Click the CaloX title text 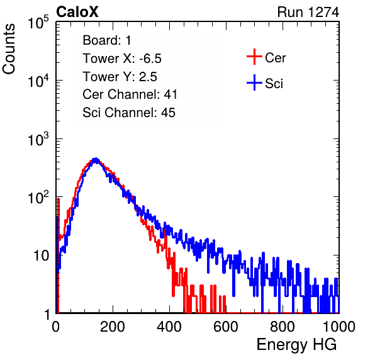point(77,12)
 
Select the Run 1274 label point(308,12)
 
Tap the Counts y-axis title point(9,49)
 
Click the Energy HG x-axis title point(296,344)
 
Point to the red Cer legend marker point(254,57)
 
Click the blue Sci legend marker point(254,83)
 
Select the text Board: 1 point(107,40)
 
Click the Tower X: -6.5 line point(122,59)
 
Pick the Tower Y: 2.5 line point(120,77)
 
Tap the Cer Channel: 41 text point(130,94)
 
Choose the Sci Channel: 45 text point(129,113)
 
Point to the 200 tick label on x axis point(113,327)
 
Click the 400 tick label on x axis point(169,327)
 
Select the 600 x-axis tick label point(226,327)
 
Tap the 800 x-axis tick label point(283,327)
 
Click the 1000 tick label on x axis point(339,327)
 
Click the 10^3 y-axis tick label point(38,139)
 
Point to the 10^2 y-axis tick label point(38,198)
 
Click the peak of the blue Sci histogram point(96,159)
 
